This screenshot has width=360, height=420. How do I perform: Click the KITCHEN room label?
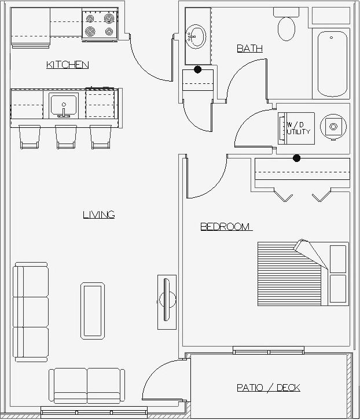(67, 65)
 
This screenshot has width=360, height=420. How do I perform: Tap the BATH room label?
(249, 49)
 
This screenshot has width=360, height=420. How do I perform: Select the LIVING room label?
(98, 215)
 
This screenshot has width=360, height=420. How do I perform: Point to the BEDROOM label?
(226, 227)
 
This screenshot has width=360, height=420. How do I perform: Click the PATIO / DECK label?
(268, 388)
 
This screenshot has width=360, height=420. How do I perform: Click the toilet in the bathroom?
(286, 27)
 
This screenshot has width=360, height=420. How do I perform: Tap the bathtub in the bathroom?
(332, 64)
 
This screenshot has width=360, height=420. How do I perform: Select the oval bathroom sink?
(196, 37)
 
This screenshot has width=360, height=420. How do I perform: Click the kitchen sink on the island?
(64, 105)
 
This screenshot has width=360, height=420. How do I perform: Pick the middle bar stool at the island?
(65, 137)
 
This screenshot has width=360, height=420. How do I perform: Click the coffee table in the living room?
(93, 310)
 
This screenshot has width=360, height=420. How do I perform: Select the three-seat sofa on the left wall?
(31, 312)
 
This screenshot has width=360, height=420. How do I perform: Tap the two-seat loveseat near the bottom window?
(87, 386)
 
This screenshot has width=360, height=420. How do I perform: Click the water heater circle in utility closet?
(333, 126)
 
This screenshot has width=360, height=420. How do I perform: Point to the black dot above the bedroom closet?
(297, 158)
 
